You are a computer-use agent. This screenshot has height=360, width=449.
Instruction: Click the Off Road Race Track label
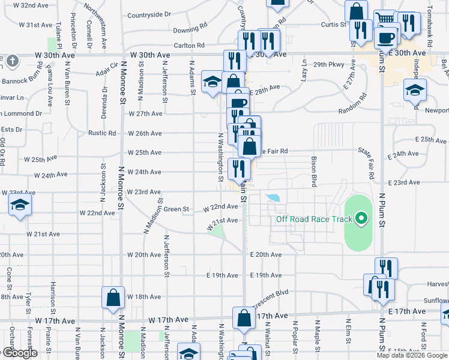click(314, 219)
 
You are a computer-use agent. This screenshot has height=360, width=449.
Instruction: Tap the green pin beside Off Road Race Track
click(361, 219)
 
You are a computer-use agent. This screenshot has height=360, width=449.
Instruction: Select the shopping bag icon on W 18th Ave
click(113, 298)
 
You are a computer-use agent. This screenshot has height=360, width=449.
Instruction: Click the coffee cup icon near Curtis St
click(384, 37)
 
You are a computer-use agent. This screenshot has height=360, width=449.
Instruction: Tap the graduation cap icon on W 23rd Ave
click(20, 205)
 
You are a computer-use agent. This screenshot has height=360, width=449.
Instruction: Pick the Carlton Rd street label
click(189, 45)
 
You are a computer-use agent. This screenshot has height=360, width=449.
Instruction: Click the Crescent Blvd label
click(272, 293)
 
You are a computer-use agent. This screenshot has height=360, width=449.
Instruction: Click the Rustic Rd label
click(101, 133)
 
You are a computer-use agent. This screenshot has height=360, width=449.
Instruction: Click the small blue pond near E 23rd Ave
click(273, 197)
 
